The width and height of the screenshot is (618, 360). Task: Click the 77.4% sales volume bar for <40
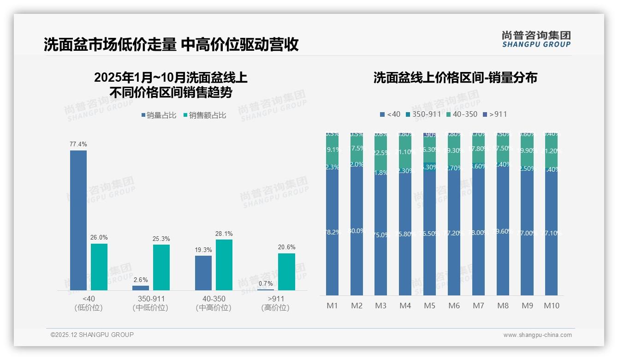click(78, 220)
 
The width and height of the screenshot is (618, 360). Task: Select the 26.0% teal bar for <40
click(99, 267)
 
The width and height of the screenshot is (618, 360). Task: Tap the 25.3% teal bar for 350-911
click(161, 267)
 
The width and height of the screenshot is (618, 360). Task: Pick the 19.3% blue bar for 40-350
click(203, 273)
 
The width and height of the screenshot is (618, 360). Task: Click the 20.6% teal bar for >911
click(286, 272)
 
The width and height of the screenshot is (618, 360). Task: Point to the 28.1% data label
click(224, 234)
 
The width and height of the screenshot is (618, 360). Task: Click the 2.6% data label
click(141, 280)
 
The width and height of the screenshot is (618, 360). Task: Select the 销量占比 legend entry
click(159, 115)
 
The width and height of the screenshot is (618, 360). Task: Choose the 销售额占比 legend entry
click(205, 115)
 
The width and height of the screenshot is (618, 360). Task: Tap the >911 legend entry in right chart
click(495, 114)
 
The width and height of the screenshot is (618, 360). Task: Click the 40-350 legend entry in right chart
click(462, 114)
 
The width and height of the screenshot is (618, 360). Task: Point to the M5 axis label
click(429, 306)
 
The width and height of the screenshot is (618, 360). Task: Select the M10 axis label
click(552, 306)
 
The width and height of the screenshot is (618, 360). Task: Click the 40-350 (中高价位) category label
click(214, 303)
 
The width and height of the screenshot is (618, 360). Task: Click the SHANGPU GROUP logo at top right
click(536, 39)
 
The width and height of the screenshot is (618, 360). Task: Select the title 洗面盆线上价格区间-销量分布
click(455, 78)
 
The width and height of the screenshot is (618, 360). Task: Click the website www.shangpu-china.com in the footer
click(537, 335)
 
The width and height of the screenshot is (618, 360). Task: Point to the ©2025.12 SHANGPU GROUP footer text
click(92, 335)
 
